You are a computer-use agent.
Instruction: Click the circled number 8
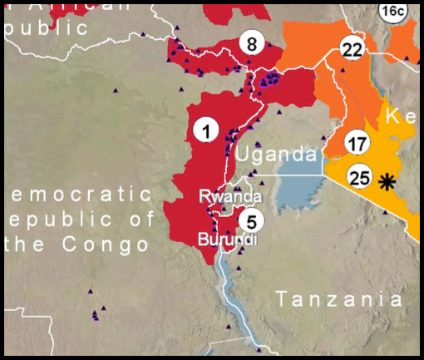(x=252, y=42)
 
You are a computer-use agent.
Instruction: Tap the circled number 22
(x=353, y=50)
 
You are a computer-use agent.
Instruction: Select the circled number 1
(x=205, y=129)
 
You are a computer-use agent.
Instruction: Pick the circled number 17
(x=357, y=143)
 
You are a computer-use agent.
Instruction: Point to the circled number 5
(x=251, y=220)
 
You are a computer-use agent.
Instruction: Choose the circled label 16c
(x=392, y=11)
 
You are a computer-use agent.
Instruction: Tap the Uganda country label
(x=275, y=155)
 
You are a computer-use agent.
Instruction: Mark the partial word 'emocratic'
(x=80, y=195)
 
